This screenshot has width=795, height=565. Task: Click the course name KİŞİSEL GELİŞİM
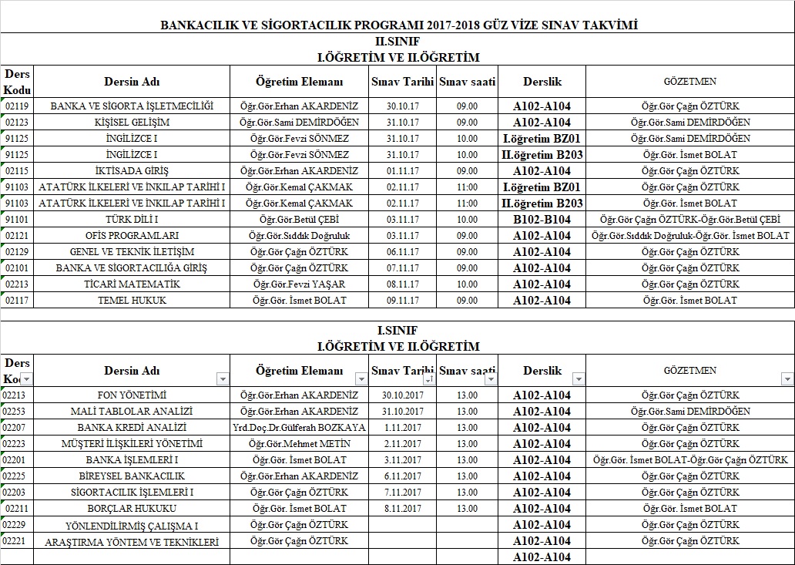[x=132, y=123]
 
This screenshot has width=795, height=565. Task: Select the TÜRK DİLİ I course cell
[x=132, y=220]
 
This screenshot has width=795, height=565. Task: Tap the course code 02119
[x=17, y=106]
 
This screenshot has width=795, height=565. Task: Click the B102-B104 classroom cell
[x=542, y=220]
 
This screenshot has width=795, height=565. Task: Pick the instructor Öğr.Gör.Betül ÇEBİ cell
[x=299, y=220]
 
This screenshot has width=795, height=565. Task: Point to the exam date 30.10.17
[x=403, y=106]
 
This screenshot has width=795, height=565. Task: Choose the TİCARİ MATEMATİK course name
[x=132, y=284]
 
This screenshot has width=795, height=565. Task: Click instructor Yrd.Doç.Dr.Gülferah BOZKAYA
[x=299, y=428]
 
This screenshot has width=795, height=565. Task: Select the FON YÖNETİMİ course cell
[x=132, y=395]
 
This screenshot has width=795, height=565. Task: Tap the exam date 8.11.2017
[x=402, y=509]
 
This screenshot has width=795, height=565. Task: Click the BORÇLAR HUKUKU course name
[x=132, y=509]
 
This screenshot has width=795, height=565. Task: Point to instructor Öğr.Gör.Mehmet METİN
[x=299, y=444]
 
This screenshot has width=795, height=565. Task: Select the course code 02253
[x=15, y=412]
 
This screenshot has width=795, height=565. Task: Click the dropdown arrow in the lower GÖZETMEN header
[x=787, y=379]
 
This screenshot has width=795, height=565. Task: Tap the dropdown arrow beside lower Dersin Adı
[x=223, y=379]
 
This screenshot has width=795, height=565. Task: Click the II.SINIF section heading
[x=397, y=43]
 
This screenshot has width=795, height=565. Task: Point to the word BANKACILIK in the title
[x=202, y=25]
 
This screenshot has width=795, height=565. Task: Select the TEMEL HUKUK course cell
[x=132, y=301]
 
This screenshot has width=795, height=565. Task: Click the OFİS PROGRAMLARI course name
[x=132, y=236]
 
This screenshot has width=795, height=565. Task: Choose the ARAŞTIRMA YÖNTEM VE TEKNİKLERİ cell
[x=132, y=542]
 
